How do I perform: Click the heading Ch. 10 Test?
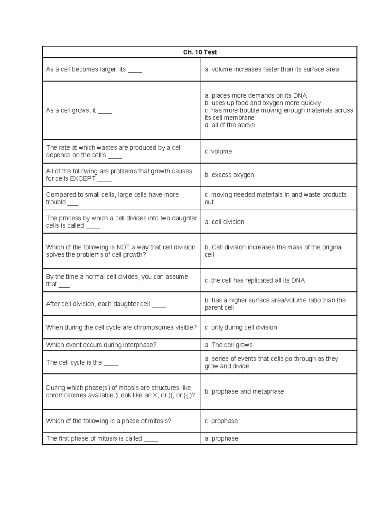(200, 52)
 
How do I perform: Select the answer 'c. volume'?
(218, 151)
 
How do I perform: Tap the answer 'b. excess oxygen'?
(229, 175)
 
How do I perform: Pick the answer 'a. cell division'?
(224, 222)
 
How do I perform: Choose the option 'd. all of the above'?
(230, 125)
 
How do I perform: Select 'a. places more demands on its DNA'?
(256, 96)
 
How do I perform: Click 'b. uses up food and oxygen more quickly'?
(263, 103)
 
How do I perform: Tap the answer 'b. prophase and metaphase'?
(244, 391)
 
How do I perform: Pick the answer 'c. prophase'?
(221, 421)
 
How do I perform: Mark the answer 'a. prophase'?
(221, 438)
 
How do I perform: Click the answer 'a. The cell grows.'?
(229, 345)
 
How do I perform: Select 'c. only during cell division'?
(241, 327)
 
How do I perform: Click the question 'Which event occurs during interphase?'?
(101, 345)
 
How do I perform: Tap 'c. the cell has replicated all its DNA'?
(255, 280)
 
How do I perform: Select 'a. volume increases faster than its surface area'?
(272, 69)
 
